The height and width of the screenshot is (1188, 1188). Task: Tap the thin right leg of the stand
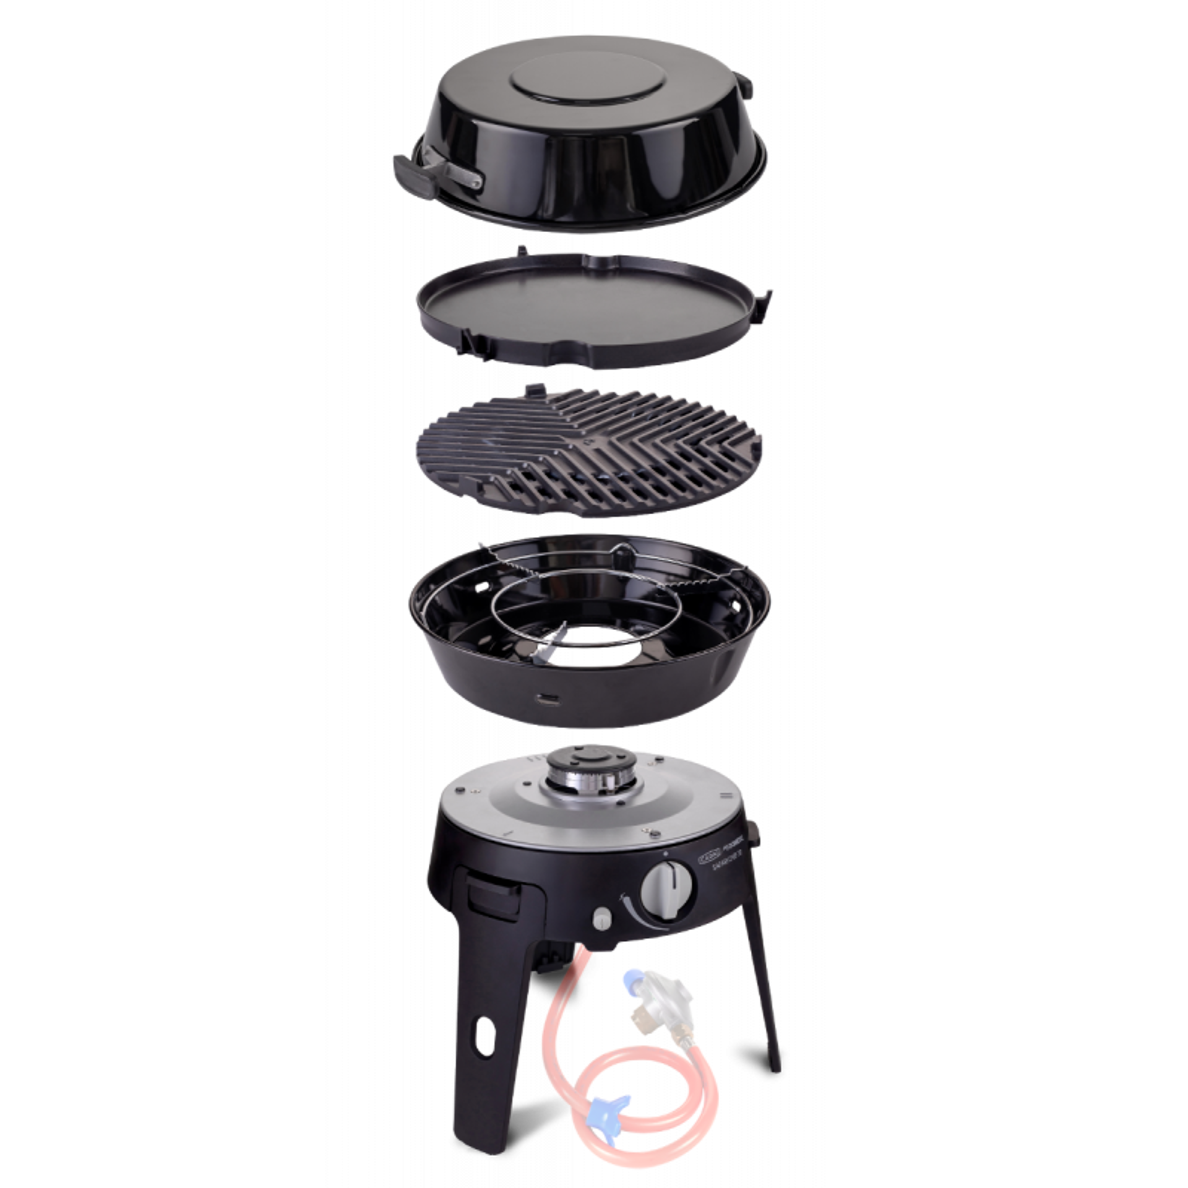coord(765,990)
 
